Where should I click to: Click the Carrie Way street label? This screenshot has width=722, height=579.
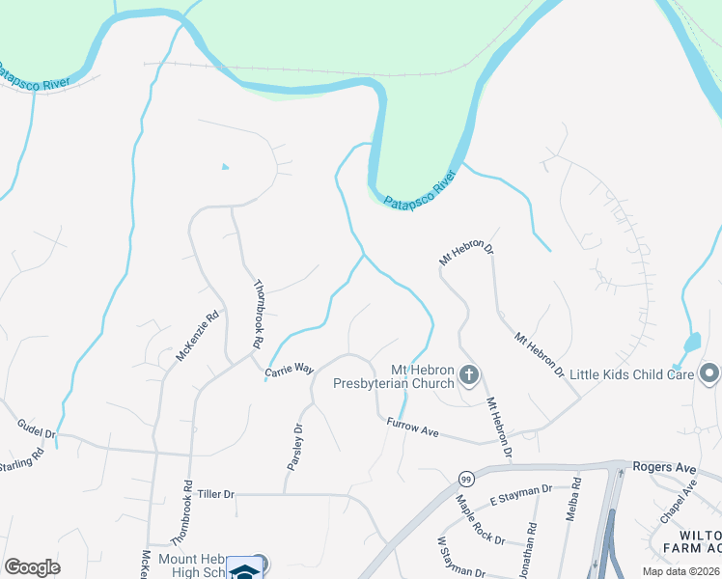click(x=290, y=369)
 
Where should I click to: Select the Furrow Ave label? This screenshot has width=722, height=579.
click(x=413, y=427)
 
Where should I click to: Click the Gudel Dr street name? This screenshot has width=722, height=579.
click(x=36, y=428)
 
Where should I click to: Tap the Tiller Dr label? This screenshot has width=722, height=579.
click(x=216, y=494)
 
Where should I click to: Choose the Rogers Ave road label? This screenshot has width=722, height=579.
click(x=664, y=467)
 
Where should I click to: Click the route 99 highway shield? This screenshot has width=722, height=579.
click(x=466, y=480)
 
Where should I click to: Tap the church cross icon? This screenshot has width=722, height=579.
click(x=469, y=374)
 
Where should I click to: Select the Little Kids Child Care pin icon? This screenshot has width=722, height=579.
click(x=710, y=372)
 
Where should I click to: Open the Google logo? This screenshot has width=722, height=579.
click(x=32, y=567)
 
